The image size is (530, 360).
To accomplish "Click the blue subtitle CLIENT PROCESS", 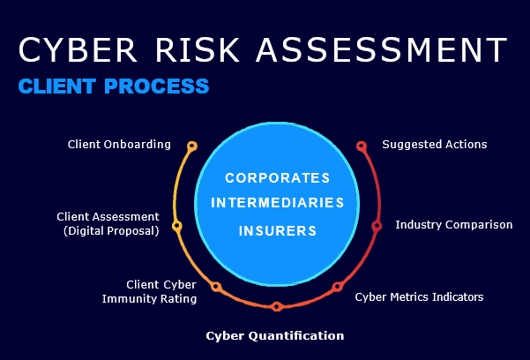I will click(x=113, y=86).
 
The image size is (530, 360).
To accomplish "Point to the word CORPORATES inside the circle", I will click(x=277, y=177).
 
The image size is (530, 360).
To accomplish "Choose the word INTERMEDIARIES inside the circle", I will click(x=277, y=203).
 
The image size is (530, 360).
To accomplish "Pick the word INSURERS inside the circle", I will click(x=277, y=231).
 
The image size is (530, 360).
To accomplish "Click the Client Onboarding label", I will click(x=119, y=144).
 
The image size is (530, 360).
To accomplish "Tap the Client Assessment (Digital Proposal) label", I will click(x=108, y=223).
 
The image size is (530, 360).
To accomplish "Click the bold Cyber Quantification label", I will click(x=274, y=335).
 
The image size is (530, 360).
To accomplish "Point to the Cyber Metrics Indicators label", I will click(x=419, y=296).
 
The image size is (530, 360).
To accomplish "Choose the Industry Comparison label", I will click(x=453, y=225).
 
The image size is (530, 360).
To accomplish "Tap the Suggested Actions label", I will click(x=434, y=144).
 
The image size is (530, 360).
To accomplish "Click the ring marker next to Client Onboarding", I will click(x=192, y=146).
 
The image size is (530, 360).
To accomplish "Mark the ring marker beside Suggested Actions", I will click(x=361, y=146).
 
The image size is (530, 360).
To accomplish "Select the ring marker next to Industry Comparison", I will click(x=377, y=226).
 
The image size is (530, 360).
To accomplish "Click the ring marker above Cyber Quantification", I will click(x=277, y=307).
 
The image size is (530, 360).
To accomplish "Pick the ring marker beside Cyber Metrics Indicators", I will click(x=337, y=287).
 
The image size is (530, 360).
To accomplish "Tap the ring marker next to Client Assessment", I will click(x=176, y=226).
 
